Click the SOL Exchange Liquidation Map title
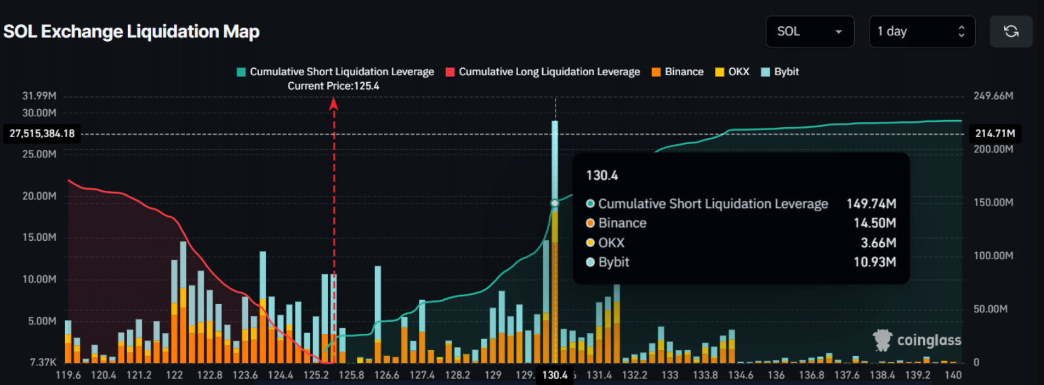132,32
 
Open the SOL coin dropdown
809,32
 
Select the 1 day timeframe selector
921,32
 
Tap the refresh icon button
1010,32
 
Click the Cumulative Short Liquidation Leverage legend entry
335,72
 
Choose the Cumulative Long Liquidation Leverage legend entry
543,72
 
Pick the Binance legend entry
678,72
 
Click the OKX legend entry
732,72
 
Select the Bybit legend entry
780,72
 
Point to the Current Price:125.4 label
333,86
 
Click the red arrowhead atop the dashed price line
333,104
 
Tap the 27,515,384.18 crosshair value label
42,133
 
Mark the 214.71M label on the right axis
995,133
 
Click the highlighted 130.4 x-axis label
555,375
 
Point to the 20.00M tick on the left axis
39,196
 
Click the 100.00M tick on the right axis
993,255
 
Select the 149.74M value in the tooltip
871,204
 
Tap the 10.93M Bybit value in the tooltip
874,262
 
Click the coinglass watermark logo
917,340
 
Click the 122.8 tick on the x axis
209,375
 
